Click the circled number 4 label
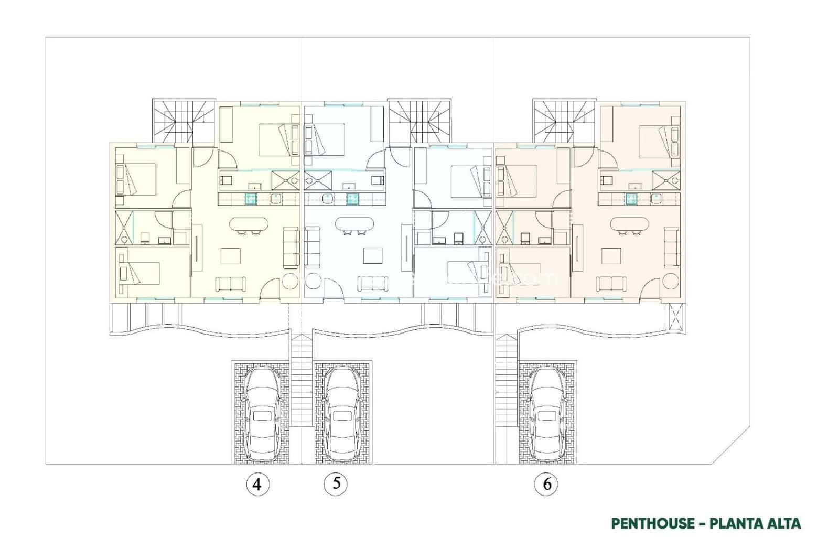click(257, 484)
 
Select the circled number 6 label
click(547, 484)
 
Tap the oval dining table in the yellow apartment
click(249, 224)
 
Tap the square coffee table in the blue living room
click(373, 255)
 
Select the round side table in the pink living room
click(671, 282)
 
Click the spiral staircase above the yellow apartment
click(184, 121)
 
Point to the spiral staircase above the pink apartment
click(565, 121)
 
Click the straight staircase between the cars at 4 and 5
click(302, 399)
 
